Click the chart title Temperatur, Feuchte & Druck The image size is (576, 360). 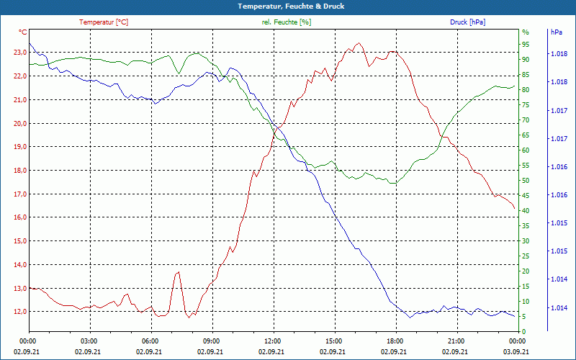pyautogui.click(x=288, y=6)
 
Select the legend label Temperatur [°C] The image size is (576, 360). pyautogui.click(x=104, y=22)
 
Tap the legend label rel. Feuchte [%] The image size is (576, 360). pyautogui.click(x=287, y=22)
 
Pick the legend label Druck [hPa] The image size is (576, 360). pyautogui.click(x=467, y=22)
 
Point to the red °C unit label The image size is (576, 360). pyautogui.click(x=23, y=32)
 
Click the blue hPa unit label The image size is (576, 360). pyautogui.click(x=556, y=32)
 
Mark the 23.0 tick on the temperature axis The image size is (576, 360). pyautogui.click(x=19, y=53)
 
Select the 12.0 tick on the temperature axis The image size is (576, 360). pyautogui.click(x=19, y=312)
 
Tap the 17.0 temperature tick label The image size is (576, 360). pyautogui.click(x=19, y=194)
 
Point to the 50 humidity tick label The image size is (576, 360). pyautogui.click(x=526, y=181)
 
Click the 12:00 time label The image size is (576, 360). pyautogui.click(x=272, y=341)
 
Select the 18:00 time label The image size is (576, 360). pyautogui.click(x=395, y=341)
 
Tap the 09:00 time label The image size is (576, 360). pyautogui.click(x=211, y=341)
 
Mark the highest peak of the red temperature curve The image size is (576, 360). pyautogui.click(x=359, y=43)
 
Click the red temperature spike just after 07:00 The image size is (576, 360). pyautogui.click(x=177, y=272)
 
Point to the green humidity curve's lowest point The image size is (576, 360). pyautogui.click(x=393, y=183)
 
